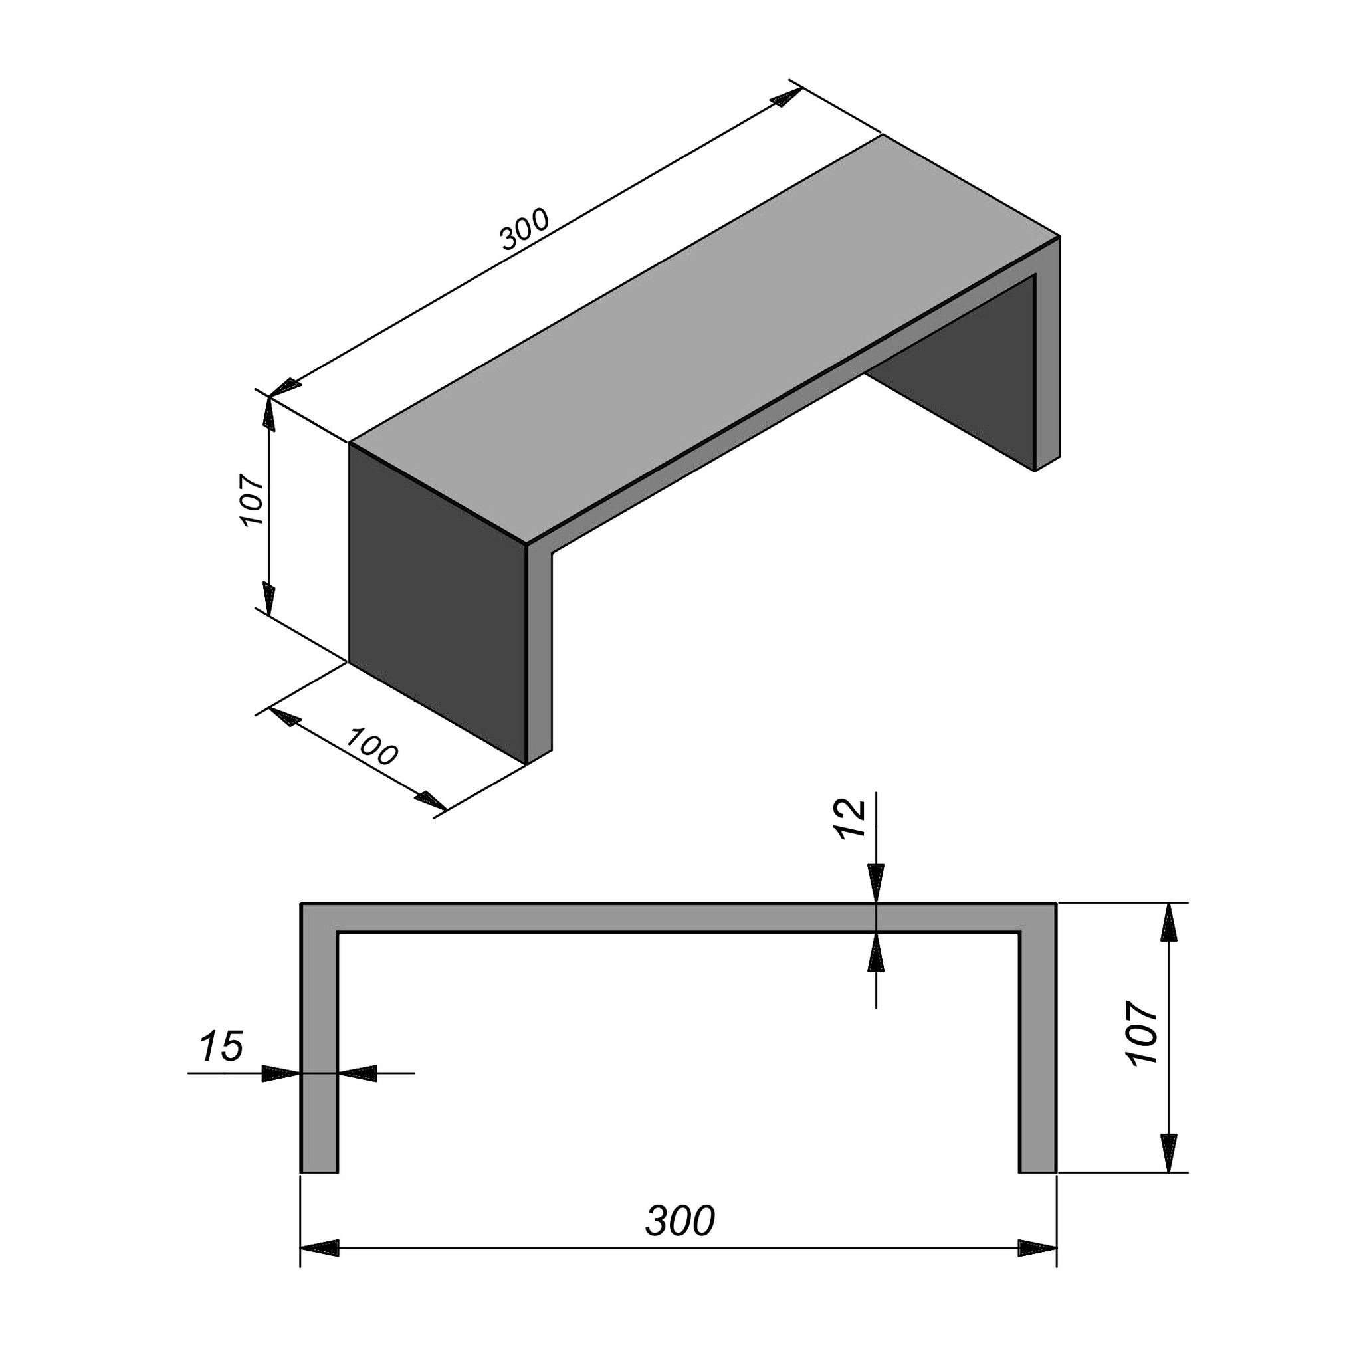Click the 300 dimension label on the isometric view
pyautogui.click(x=524, y=230)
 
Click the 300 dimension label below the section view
pyautogui.click(x=680, y=1221)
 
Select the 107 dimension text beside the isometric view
pyautogui.click(x=251, y=501)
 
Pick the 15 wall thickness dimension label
pyautogui.click(x=222, y=1046)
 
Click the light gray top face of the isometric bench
pyautogui.click(x=704, y=338)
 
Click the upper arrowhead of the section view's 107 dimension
pyautogui.click(x=1169, y=923)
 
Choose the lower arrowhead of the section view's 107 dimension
pyautogui.click(x=1169, y=1153)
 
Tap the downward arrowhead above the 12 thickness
pyautogui.click(x=876, y=883)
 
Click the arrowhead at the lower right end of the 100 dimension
pyautogui.click(x=431, y=800)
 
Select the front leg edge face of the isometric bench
pyautogui.click(x=540, y=652)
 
